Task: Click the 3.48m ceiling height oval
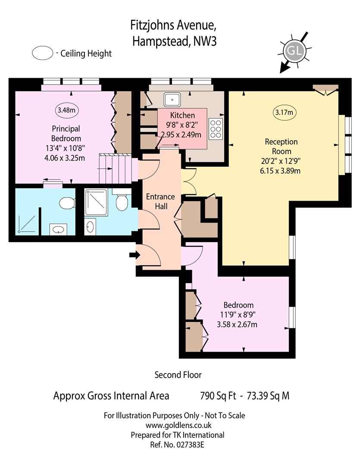tap(66, 110)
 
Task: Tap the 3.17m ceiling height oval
tap(284, 112)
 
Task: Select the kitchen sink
tap(172, 100)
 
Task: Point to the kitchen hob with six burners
tap(216, 129)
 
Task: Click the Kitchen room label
tap(183, 115)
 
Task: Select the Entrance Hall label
tap(161, 202)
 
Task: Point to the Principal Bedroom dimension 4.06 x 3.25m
tap(65, 158)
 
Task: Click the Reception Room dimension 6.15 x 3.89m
tap(280, 171)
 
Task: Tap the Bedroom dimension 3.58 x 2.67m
tap(237, 324)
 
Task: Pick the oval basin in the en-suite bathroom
tap(58, 230)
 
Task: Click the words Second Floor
tap(178, 375)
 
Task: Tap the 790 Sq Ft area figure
tap(218, 396)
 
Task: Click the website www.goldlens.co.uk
tap(178, 425)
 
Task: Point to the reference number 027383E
tap(190, 445)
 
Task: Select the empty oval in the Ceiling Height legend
tap(43, 53)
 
